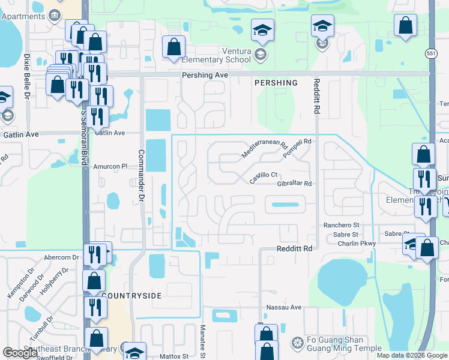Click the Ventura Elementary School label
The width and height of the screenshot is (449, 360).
pos(221,56)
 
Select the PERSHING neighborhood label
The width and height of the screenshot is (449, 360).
pos(276,83)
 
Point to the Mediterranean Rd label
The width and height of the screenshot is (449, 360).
pos(264,146)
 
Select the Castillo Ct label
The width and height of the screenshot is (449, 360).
pos(264,175)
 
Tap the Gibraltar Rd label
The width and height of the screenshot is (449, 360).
pos(295,184)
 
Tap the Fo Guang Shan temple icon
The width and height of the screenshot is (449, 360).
pos(297,343)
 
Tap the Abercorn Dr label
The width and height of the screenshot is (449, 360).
pos(61,257)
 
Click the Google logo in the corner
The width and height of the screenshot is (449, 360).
pos(20,353)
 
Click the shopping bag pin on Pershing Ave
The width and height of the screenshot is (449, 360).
pos(173,47)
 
